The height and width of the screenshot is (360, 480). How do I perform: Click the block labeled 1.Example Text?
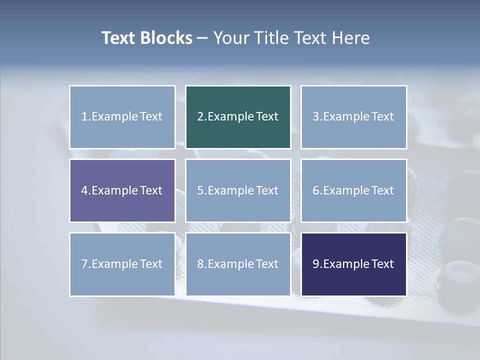pos(122,117)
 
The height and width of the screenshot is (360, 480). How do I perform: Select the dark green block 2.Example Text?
pos(238,117)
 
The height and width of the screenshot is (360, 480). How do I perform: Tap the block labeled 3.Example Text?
pos(353,117)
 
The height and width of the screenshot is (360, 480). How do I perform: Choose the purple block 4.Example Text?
pos(122,190)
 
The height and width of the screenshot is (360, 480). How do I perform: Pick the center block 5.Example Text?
pos(238,190)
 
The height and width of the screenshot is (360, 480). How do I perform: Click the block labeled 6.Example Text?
pos(353,190)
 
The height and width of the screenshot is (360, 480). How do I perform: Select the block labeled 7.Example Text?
pos(122,264)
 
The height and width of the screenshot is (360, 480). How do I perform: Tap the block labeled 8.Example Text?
pos(238,264)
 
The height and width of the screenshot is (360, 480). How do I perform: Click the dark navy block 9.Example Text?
pos(353,264)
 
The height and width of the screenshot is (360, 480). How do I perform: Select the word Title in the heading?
pos(270,38)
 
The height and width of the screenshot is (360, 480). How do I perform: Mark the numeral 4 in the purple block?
pos(84,190)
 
